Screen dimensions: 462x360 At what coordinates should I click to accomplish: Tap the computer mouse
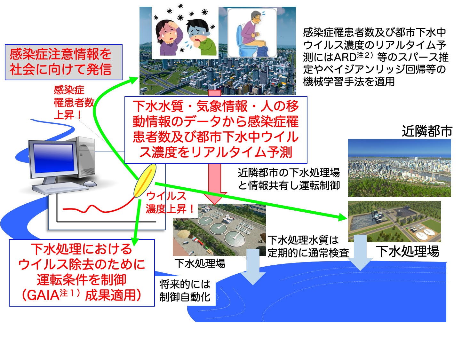pyautogui.click(x=90, y=184)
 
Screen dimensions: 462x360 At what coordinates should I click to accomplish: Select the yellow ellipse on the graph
pyautogui.click(x=145, y=180)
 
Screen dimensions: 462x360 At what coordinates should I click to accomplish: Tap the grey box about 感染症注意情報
pyautogui.click(x=64, y=62)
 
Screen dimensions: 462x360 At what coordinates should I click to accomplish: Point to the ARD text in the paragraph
pyautogui.click(x=345, y=57)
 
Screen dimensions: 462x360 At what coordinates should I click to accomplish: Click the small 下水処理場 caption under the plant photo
pyautogui.click(x=200, y=263)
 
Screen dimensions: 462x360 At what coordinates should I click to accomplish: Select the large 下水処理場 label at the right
pyautogui.click(x=408, y=251)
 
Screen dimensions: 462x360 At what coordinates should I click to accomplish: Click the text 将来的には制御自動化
pyautogui.click(x=185, y=291)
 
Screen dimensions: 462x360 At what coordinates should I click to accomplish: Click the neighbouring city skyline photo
pyautogui.click(x=400, y=168)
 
